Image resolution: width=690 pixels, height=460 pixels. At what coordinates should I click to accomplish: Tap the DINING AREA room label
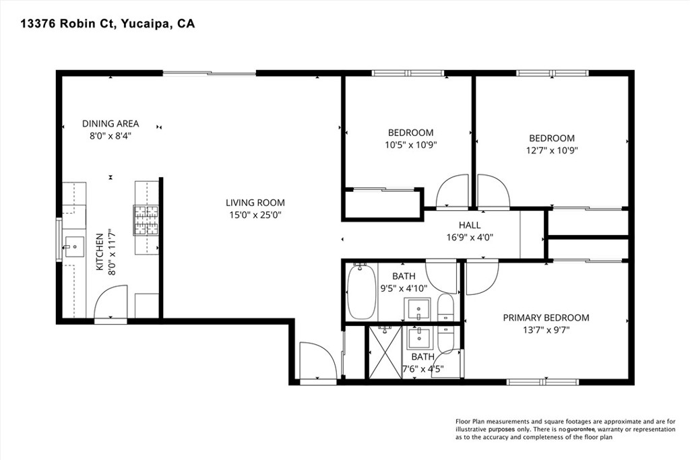point(111,123)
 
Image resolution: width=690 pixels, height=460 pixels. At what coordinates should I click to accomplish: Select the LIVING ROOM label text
point(255,202)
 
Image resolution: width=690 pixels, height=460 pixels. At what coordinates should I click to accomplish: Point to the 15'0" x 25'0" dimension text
point(255,216)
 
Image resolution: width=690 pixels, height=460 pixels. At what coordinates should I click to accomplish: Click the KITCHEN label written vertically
point(99,253)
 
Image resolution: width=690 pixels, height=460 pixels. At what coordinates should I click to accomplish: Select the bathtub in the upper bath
point(361,292)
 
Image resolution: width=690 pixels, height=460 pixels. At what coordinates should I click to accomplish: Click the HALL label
point(470,225)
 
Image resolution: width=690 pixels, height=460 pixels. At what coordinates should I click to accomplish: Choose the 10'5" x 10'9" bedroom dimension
point(410,145)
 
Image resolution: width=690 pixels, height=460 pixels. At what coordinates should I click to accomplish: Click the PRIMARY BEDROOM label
point(546,317)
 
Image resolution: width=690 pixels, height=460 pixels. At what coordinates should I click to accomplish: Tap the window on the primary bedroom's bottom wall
point(543,382)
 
